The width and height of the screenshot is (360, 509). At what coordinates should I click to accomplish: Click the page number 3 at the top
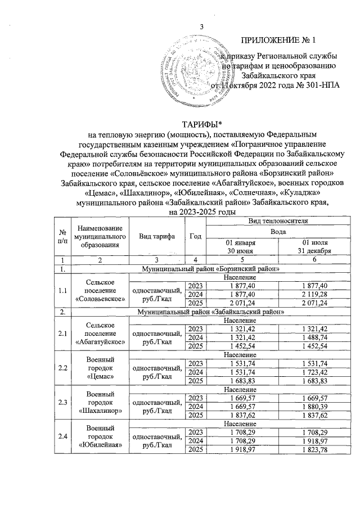pos(201,28)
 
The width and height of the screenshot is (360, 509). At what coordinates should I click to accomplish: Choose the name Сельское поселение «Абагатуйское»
pos(97,333)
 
